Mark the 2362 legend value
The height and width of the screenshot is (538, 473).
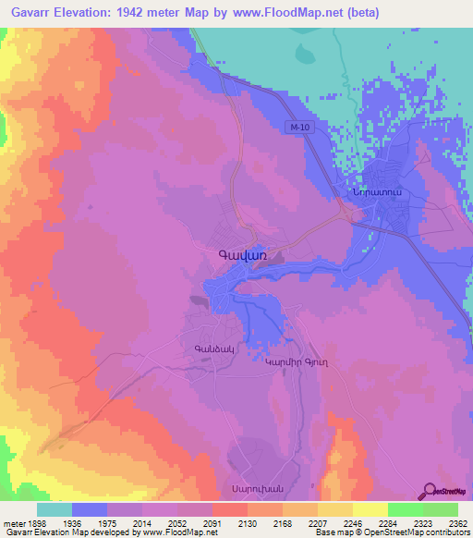click(445, 522)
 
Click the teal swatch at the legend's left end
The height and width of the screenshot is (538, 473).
click(55, 509)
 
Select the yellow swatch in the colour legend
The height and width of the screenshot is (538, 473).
click(370, 509)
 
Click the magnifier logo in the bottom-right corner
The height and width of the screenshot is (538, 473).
click(427, 491)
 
